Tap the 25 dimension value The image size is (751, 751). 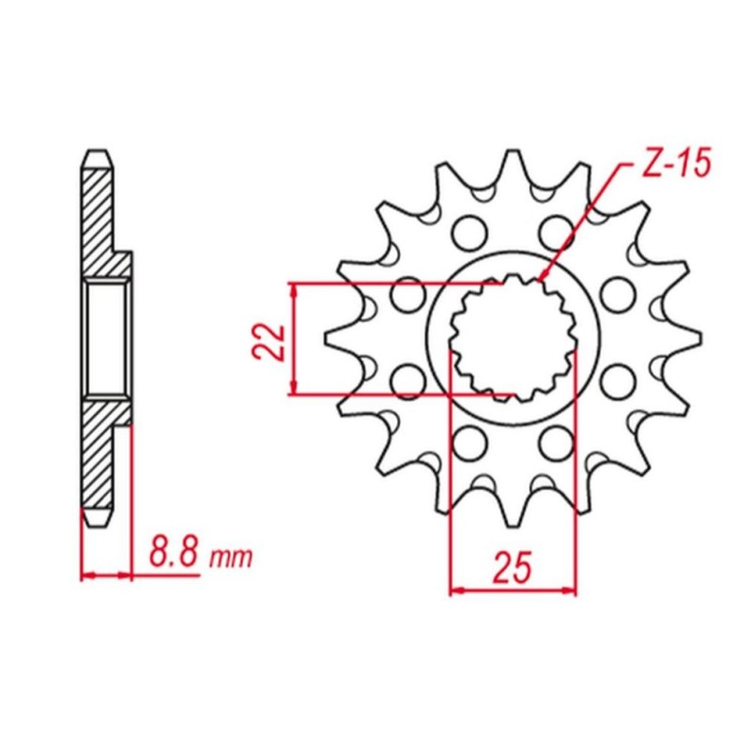(513, 568)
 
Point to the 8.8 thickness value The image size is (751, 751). (174, 553)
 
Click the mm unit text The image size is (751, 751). (230, 558)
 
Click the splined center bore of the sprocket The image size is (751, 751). (513, 338)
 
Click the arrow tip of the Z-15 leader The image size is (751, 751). (540, 280)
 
